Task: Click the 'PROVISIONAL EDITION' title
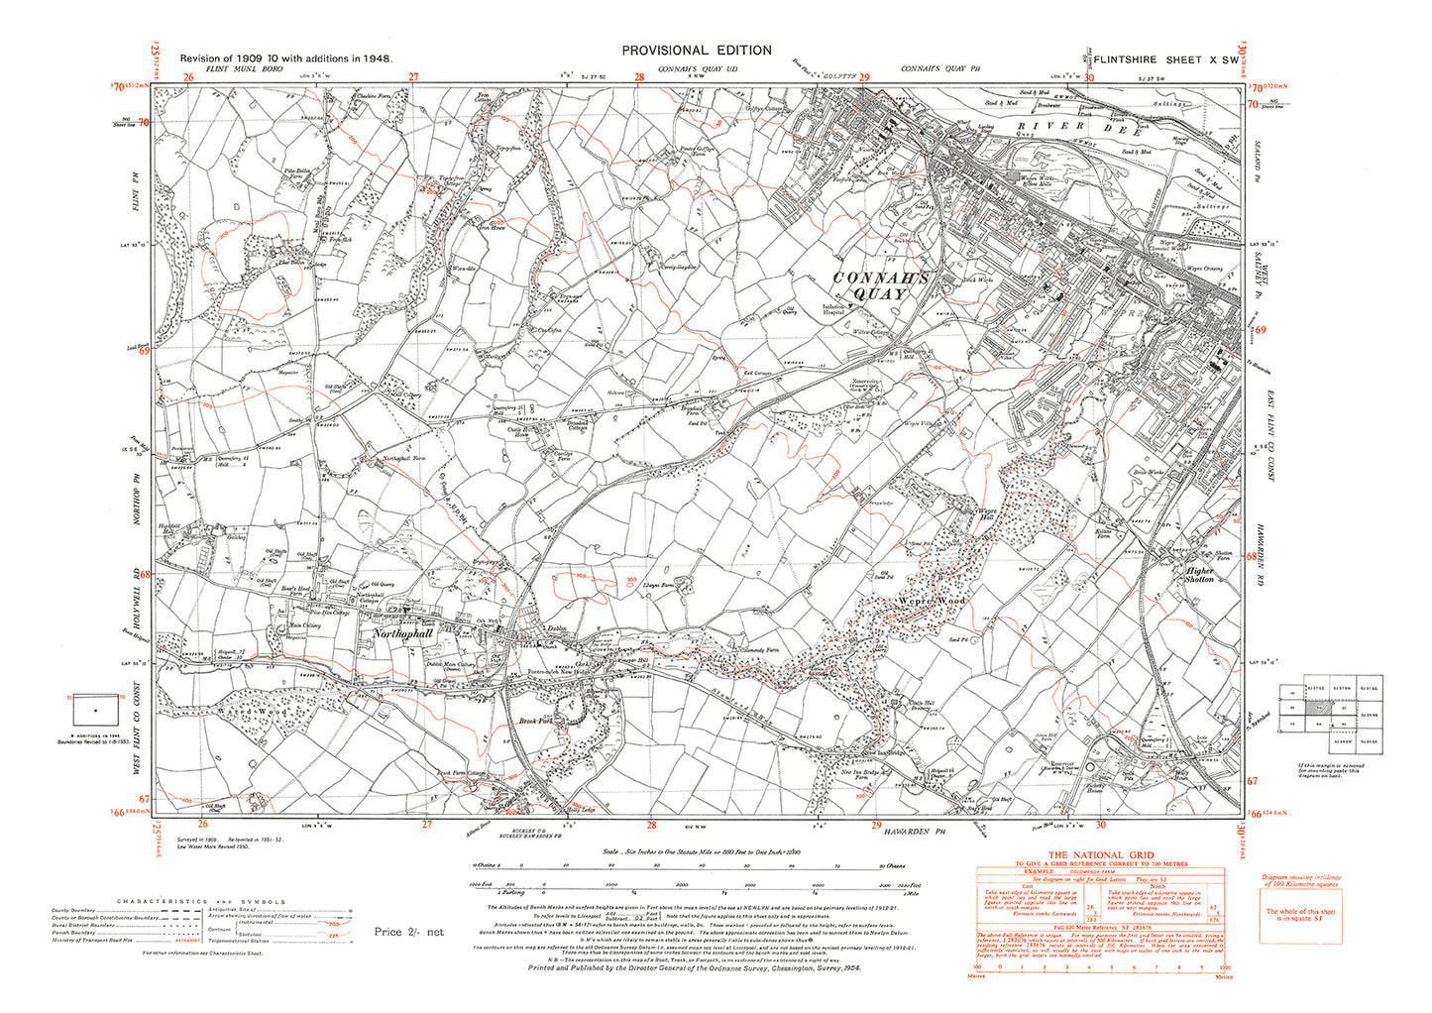click(696, 51)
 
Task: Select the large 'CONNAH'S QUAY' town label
click(881, 286)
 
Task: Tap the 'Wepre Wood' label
click(931, 601)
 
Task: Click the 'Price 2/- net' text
click(409, 932)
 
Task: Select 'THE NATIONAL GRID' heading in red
click(1100, 854)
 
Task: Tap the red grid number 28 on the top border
click(639, 77)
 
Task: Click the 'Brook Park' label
click(536, 722)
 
